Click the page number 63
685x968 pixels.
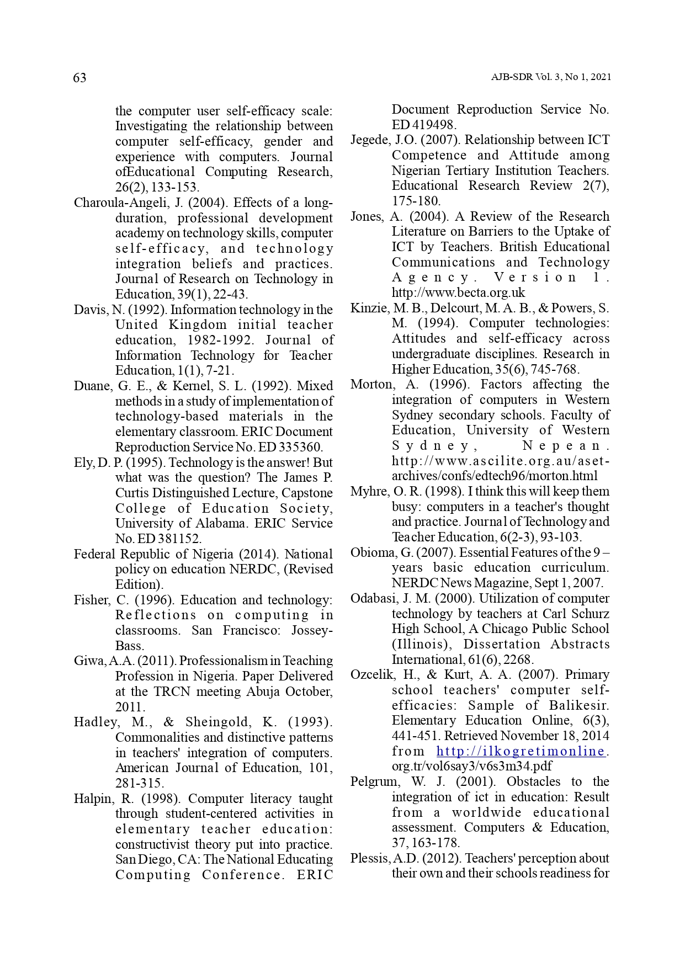tap(79, 78)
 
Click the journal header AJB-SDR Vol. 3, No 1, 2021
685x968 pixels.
tap(551, 77)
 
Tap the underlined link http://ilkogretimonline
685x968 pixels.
tap(521, 751)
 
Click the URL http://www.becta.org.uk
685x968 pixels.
tap(458, 292)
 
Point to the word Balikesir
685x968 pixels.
tap(579, 705)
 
